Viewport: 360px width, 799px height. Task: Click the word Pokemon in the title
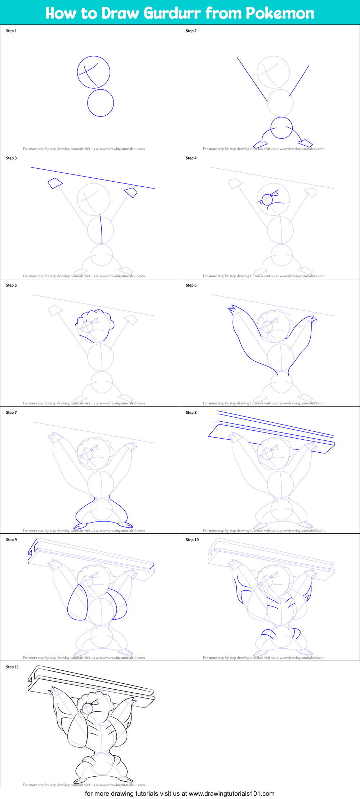(x=280, y=13)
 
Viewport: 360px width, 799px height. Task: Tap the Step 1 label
(x=11, y=31)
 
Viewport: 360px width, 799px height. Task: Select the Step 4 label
(x=191, y=158)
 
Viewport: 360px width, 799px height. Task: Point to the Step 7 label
(x=11, y=413)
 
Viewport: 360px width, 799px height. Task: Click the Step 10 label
(x=192, y=540)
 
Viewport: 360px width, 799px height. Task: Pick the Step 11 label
(x=12, y=667)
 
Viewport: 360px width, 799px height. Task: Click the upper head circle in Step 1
(x=93, y=72)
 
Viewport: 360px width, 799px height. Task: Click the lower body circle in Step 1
(x=101, y=103)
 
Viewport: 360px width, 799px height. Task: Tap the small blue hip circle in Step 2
(x=281, y=128)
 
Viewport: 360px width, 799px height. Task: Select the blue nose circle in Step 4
(x=267, y=200)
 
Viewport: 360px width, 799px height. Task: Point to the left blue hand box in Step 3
(x=55, y=183)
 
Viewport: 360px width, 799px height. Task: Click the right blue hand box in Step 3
(x=131, y=192)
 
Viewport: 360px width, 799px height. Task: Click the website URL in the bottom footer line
(x=231, y=793)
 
